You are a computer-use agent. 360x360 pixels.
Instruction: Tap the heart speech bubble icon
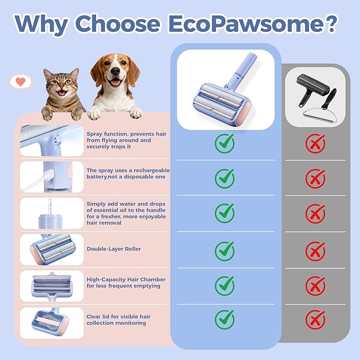pos(21,82)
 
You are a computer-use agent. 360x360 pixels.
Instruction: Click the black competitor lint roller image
pos(315,96)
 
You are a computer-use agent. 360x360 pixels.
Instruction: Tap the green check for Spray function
pos(224,143)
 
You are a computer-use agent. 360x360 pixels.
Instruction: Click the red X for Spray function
pos(315,143)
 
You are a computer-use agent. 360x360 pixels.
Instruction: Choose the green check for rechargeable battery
pos(224,178)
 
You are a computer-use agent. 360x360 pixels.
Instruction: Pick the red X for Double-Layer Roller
pos(315,250)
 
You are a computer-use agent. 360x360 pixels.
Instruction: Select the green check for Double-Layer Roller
pos(224,249)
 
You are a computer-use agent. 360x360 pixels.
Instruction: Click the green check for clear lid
pos(224,319)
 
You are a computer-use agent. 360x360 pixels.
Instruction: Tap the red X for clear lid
pos(315,319)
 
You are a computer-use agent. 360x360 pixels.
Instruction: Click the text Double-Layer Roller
pos(113,249)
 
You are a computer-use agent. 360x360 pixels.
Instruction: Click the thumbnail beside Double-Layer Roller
pos(52,249)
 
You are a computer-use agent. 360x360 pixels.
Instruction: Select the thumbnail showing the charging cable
pos(52,177)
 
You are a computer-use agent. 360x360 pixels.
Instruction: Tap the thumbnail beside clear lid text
pos(52,322)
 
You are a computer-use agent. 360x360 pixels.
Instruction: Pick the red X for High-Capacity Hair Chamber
pos(315,286)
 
